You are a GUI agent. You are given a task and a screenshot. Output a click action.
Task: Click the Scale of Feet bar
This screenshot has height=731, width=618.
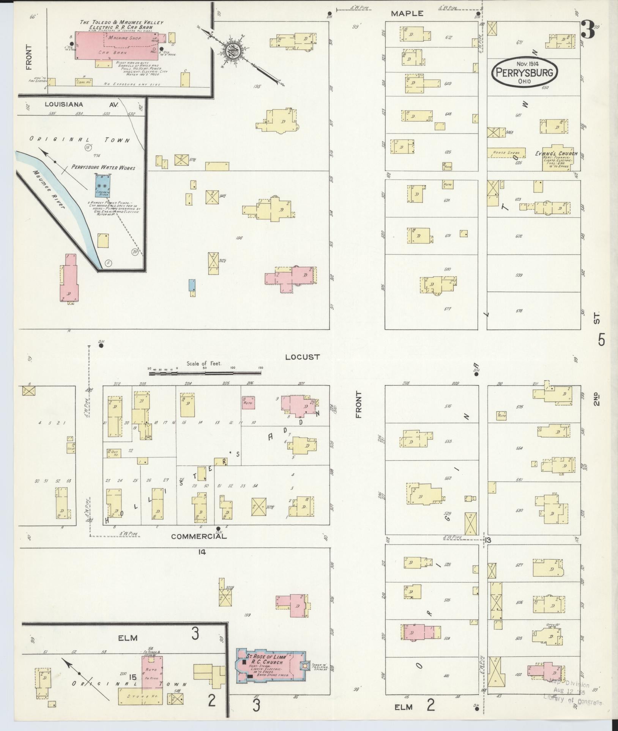(x=205, y=373)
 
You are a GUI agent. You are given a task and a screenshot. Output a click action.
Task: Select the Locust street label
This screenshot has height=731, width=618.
(x=303, y=357)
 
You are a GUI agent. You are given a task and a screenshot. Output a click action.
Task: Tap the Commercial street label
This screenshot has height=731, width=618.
(x=199, y=536)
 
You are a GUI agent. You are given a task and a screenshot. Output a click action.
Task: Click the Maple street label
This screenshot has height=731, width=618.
(x=407, y=14)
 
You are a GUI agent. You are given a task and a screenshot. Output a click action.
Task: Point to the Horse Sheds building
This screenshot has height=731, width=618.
(x=506, y=152)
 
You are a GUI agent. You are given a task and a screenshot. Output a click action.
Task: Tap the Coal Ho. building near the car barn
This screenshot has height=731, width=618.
(x=84, y=82)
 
